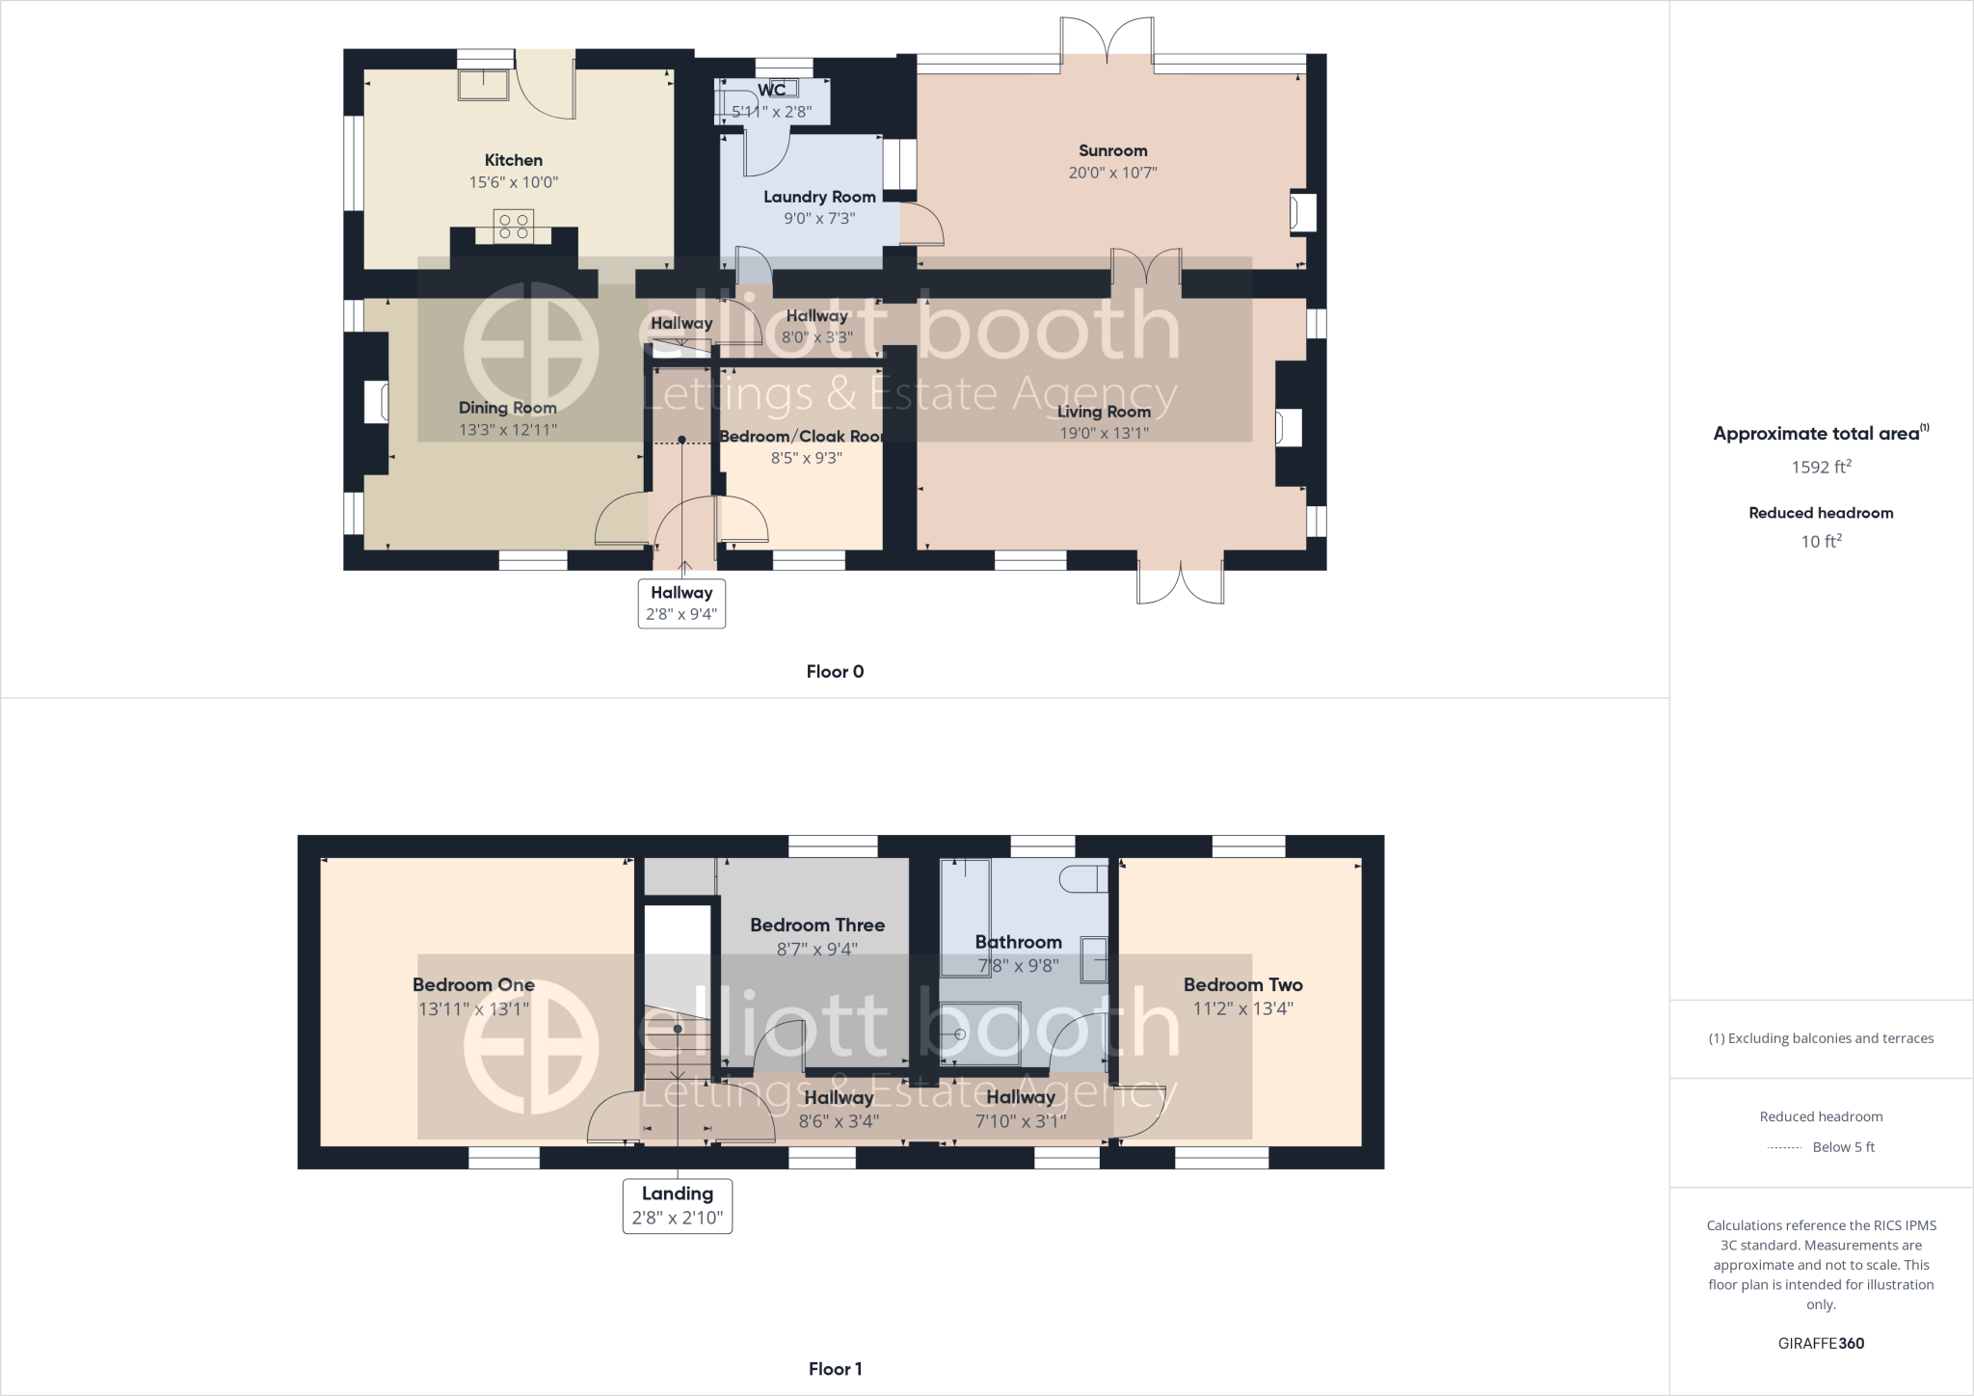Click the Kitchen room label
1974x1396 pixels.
[x=513, y=160]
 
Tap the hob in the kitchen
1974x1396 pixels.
[x=513, y=227]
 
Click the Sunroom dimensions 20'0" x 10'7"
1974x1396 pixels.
[x=1112, y=173]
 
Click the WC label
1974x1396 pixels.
[x=771, y=90]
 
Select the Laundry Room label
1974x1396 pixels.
[x=819, y=197]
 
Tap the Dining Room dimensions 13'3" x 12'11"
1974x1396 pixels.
[x=508, y=430]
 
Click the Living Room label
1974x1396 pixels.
[x=1104, y=412]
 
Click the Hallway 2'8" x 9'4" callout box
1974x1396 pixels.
[x=681, y=604]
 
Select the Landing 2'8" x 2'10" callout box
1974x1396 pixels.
[x=678, y=1205]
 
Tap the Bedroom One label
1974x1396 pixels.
[x=473, y=984]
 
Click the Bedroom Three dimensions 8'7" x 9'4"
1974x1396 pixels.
[x=816, y=949]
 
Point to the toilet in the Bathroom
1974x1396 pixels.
[x=1082, y=878]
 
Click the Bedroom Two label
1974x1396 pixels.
[x=1242, y=984]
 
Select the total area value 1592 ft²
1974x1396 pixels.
[x=1821, y=468]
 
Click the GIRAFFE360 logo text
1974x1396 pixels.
[x=1821, y=1343]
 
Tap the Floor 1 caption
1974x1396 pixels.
[x=835, y=1368]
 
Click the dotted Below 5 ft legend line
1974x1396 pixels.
[x=1785, y=1147]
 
